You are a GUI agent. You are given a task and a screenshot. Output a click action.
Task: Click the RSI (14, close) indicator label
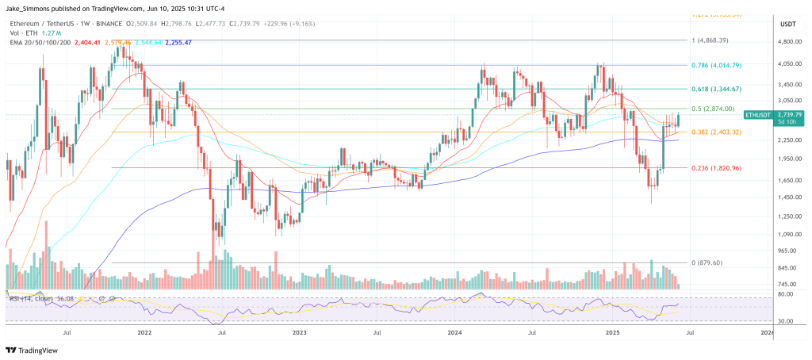tap(33, 298)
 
